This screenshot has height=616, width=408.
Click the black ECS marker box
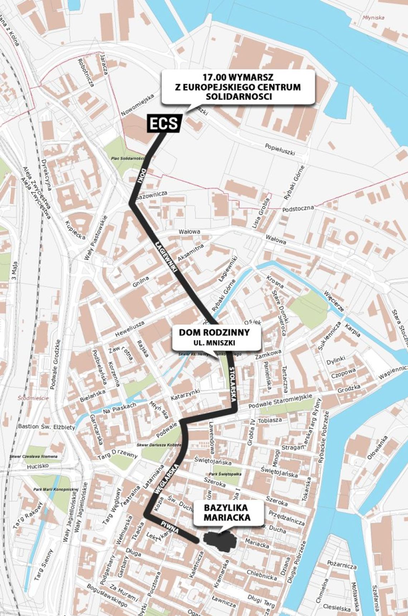(164, 124)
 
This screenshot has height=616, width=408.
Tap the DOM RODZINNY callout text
(214, 333)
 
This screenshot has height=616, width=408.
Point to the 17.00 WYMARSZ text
(238, 77)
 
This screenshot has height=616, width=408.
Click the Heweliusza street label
(130, 328)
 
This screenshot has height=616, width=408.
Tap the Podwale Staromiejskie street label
(280, 404)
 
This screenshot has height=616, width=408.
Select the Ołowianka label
(377, 448)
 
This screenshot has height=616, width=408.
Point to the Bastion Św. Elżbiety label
(47, 427)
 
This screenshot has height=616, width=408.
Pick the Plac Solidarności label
(127, 158)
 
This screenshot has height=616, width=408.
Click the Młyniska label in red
(373, 17)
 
